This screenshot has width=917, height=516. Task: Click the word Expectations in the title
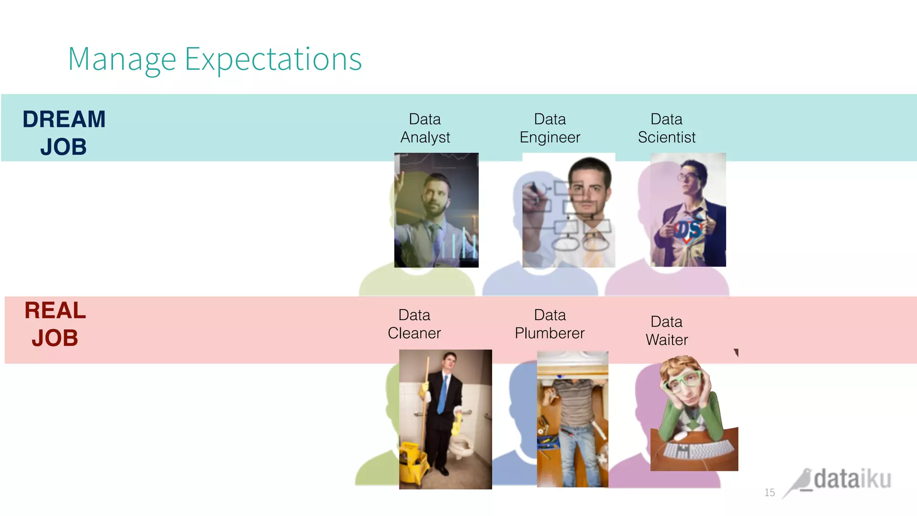[273, 60]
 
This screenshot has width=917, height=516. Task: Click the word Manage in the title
[122, 60]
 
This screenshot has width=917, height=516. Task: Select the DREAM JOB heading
[64, 133]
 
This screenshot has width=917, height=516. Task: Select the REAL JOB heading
[55, 324]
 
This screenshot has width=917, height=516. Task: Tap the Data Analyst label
[425, 128]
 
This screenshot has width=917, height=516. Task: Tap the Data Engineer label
[550, 128]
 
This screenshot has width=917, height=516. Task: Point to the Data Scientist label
[666, 128]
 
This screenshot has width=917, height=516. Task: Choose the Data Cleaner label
[414, 324]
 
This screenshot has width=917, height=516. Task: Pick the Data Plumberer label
[549, 324]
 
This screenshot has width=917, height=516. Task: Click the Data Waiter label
[666, 331]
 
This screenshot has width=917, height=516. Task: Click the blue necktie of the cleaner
[442, 394]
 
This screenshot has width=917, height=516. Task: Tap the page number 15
[769, 493]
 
